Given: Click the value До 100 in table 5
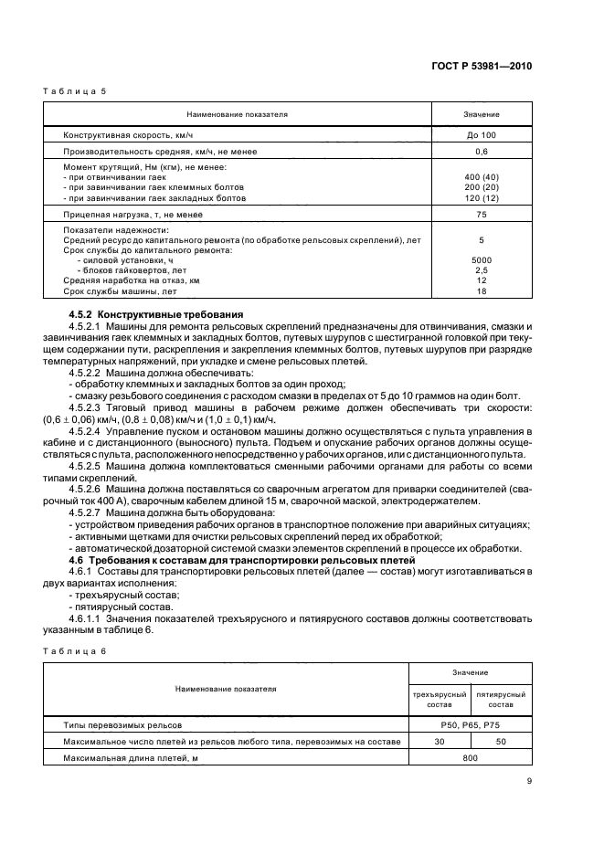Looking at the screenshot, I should tap(481, 134).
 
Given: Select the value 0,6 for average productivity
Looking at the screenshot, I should tap(481, 151).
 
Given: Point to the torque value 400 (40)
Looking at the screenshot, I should tap(481, 176).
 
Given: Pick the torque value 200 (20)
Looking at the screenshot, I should tap(481, 187).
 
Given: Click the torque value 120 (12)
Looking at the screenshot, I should tap(481, 197).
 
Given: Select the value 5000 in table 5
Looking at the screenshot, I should tap(481, 260).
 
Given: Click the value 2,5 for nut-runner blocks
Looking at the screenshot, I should tap(481, 270).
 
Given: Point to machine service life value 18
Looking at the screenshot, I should tap(481, 290).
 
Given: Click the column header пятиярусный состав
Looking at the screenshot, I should tap(500, 700).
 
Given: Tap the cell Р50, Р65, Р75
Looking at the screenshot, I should tap(469, 724).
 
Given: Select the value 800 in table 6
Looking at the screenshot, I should tap(469, 757).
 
